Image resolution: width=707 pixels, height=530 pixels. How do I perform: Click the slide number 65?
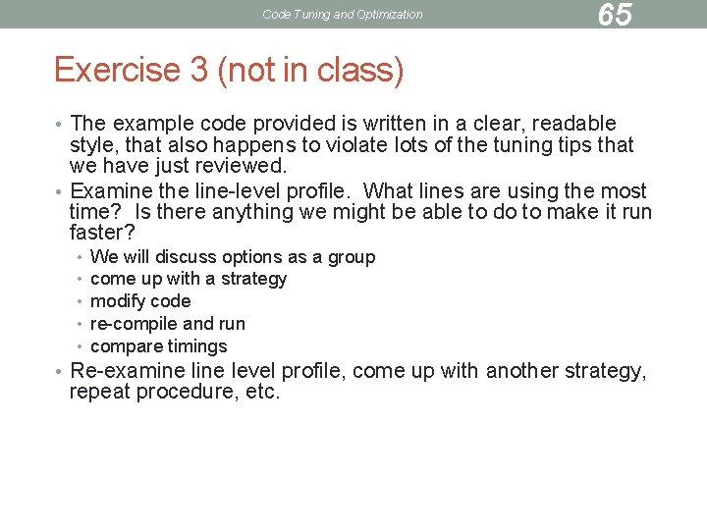[x=615, y=15]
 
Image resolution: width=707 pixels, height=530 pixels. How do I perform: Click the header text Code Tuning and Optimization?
[x=343, y=15]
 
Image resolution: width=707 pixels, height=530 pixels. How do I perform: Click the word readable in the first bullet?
[x=568, y=124]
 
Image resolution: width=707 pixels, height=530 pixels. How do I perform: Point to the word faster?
[x=102, y=234]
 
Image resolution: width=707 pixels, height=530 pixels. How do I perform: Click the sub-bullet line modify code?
[x=140, y=301]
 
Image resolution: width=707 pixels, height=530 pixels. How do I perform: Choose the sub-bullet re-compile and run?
[x=168, y=324]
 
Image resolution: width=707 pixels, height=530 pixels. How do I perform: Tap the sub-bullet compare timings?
[x=158, y=346]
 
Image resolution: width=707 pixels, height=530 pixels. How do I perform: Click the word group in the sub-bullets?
[x=352, y=257]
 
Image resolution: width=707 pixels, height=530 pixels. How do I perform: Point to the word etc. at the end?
[x=262, y=393]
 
